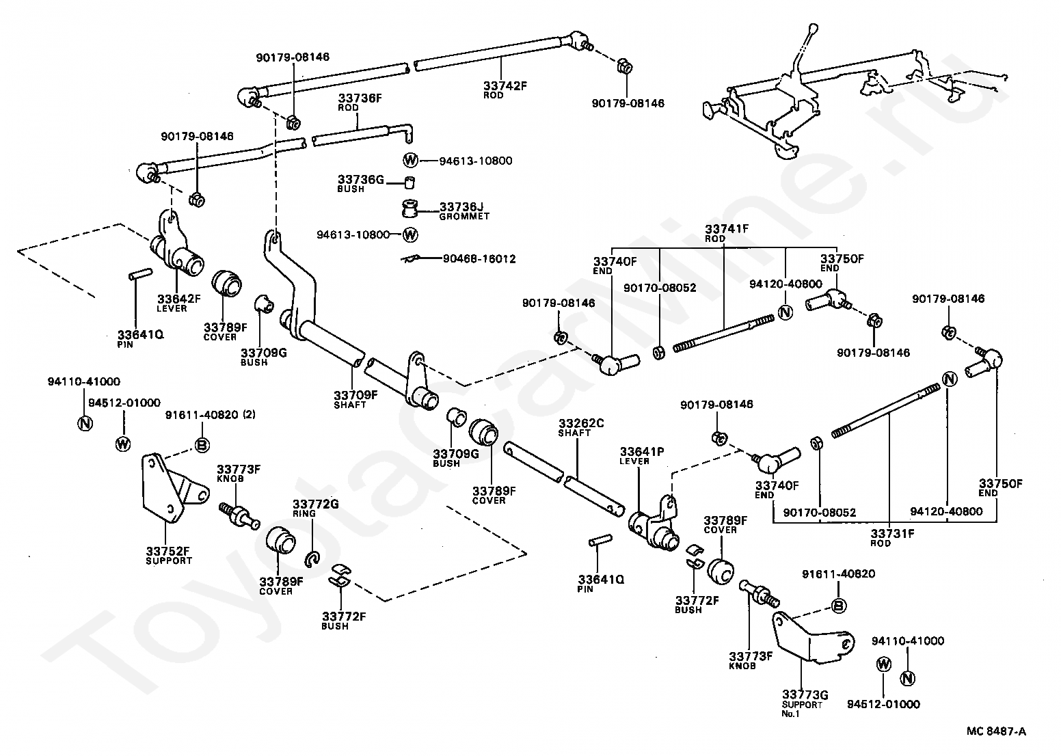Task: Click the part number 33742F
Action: click(505, 85)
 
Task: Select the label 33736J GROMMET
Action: click(464, 211)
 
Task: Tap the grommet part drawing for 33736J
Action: click(409, 208)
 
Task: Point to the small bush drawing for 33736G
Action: click(410, 182)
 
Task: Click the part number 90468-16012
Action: click(479, 259)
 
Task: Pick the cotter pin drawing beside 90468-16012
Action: click(410, 259)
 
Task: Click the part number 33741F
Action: click(727, 229)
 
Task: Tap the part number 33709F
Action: click(355, 395)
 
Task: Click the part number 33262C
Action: click(581, 423)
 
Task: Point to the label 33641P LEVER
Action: click(642, 456)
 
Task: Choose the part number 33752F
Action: click(167, 552)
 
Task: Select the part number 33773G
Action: click(805, 694)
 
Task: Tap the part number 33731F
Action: click(892, 533)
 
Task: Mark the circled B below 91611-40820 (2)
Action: click(202, 445)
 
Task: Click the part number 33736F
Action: click(360, 98)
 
